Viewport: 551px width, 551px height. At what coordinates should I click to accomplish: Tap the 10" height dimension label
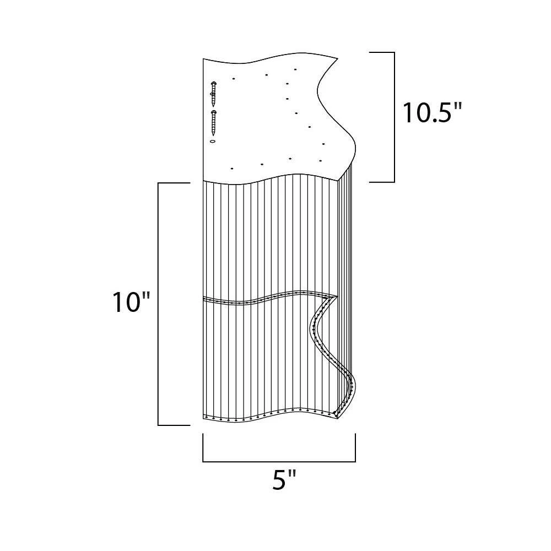point(131,302)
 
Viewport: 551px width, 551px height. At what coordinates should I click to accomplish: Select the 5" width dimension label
point(284,480)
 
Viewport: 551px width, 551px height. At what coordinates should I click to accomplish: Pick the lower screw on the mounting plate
point(213,123)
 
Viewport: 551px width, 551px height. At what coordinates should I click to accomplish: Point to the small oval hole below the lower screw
point(212,141)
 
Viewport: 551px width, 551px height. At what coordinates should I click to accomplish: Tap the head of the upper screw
point(213,83)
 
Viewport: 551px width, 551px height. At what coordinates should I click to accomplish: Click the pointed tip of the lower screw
point(213,136)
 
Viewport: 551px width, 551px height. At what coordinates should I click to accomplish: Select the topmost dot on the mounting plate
point(295,69)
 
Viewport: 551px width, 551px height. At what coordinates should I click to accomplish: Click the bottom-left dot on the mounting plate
point(231,169)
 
